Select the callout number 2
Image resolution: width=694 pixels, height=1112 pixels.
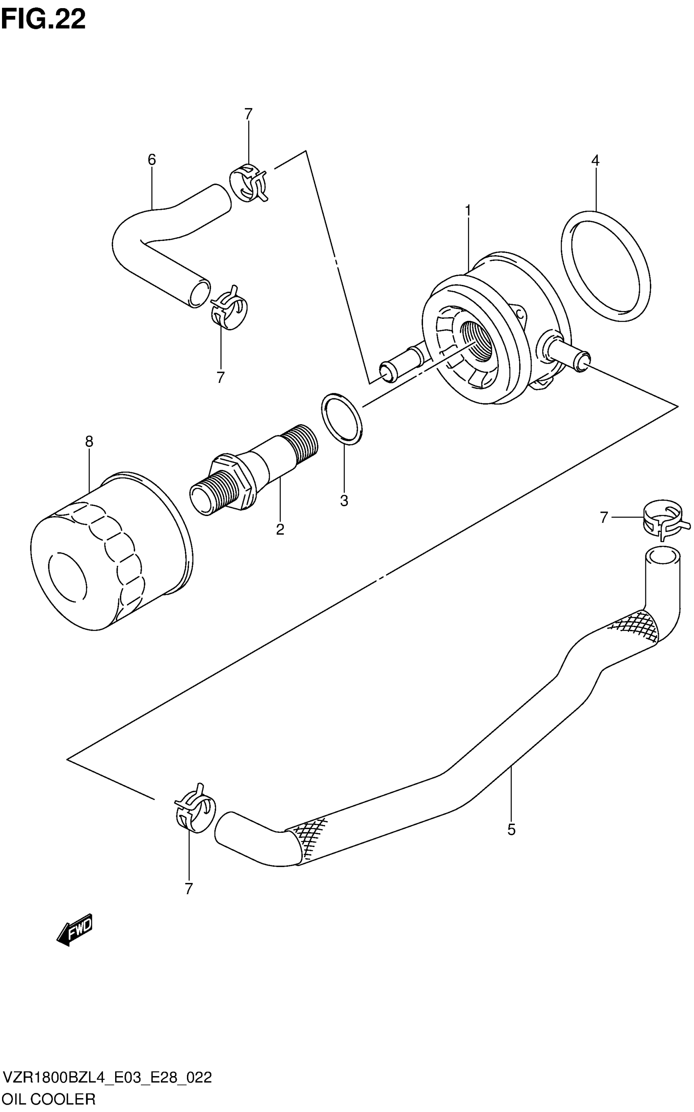coord(280,529)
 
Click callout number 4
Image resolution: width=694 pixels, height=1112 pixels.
coord(595,160)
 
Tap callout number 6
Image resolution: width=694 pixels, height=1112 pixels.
coord(152,160)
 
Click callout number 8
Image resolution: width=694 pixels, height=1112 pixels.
coord(89,442)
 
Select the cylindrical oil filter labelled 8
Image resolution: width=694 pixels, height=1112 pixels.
coord(110,551)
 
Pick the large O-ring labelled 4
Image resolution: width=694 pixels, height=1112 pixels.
coord(605,266)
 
